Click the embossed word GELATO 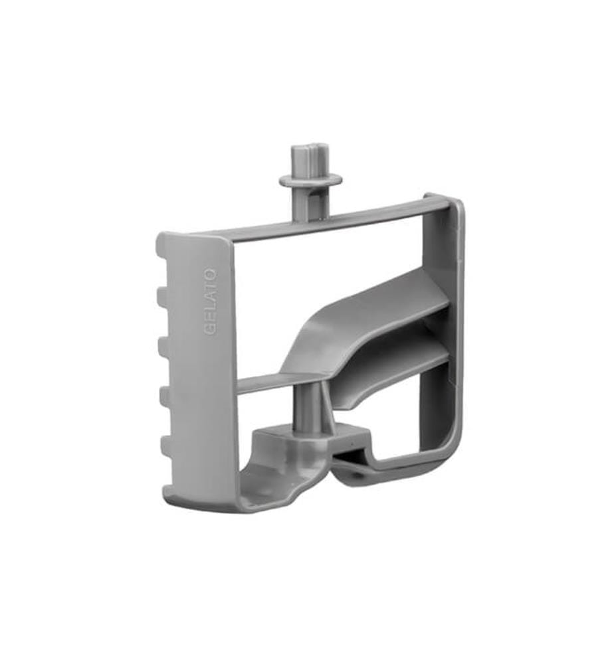pyautogui.click(x=211, y=302)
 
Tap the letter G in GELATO pyautogui.click(x=211, y=331)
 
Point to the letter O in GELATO pyautogui.click(x=211, y=274)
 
